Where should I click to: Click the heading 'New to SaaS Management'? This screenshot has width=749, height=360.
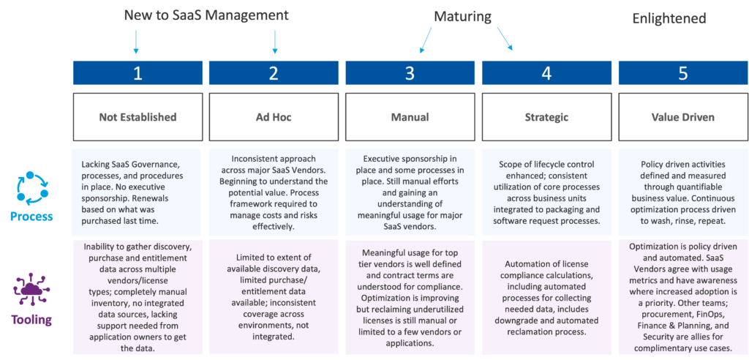click(x=206, y=15)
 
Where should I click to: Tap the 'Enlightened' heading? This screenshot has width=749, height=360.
click(x=669, y=18)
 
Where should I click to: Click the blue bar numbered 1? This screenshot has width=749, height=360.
click(x=138, y=73)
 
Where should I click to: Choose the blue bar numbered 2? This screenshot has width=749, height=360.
click(x=274, y=73)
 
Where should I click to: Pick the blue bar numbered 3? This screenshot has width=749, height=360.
click(x=410, y=73)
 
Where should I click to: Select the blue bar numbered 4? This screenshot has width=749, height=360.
click(x=546, y=73)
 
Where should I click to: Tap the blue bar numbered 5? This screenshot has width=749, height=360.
click(x=682, y=73)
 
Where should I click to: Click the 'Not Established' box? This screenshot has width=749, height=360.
click(x=138, y=116)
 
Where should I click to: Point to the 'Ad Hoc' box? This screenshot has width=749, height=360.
click(x=274, y=116)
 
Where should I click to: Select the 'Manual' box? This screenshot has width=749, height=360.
click(x=410, y=116)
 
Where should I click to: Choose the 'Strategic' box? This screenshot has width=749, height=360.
click(x=546, y=116)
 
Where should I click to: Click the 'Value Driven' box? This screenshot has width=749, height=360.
click(x=682, y=116)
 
